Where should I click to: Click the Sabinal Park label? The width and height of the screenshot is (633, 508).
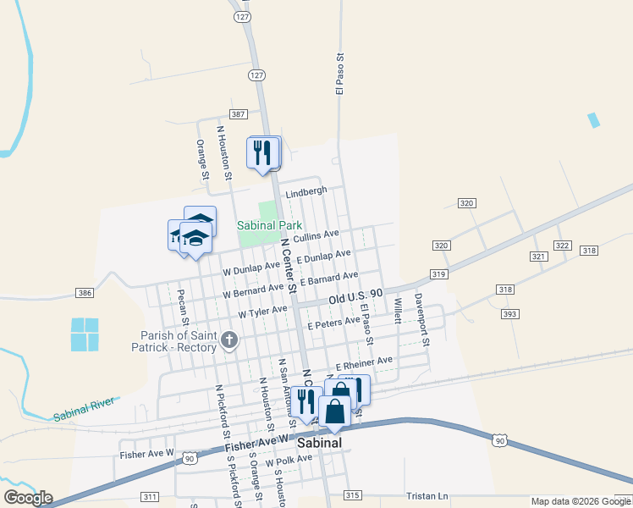pos(269,226)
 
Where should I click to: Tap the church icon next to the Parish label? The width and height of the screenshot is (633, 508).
pos(228,341)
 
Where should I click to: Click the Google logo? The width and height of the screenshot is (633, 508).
pos(28,498)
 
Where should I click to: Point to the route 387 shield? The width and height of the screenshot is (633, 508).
pos(238,114)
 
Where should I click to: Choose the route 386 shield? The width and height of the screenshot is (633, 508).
pos(84,293)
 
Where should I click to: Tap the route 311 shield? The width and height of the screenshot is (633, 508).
pos(151,496)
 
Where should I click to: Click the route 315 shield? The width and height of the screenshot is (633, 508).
pos(353,494)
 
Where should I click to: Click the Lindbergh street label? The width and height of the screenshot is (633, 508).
pos(305,192)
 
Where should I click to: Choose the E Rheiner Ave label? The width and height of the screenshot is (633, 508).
pos(364,362)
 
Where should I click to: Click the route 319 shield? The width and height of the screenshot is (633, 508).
pos(438,274)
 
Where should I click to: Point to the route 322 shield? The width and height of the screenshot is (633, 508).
pos(562,245)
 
